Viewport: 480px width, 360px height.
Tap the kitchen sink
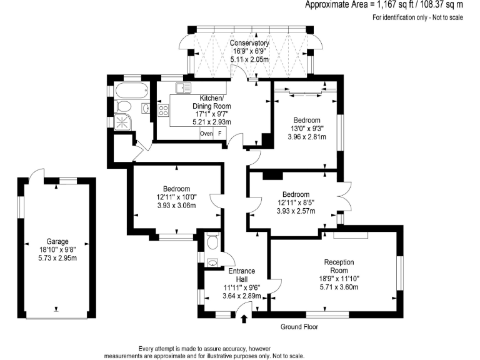point(183,88)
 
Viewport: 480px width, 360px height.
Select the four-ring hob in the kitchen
point(164,111)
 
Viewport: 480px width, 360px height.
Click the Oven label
point(206,134)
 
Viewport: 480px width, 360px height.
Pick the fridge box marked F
point(220,134)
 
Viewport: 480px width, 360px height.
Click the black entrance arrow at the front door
point(244,319)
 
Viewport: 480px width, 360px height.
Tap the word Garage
point(57,241)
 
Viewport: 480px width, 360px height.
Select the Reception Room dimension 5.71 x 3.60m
point(339,287)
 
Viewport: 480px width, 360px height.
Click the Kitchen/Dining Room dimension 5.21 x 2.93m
point(212,122)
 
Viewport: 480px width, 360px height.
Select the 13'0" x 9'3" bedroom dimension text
point(306,129)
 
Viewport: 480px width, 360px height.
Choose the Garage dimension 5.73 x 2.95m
point(57,257)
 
